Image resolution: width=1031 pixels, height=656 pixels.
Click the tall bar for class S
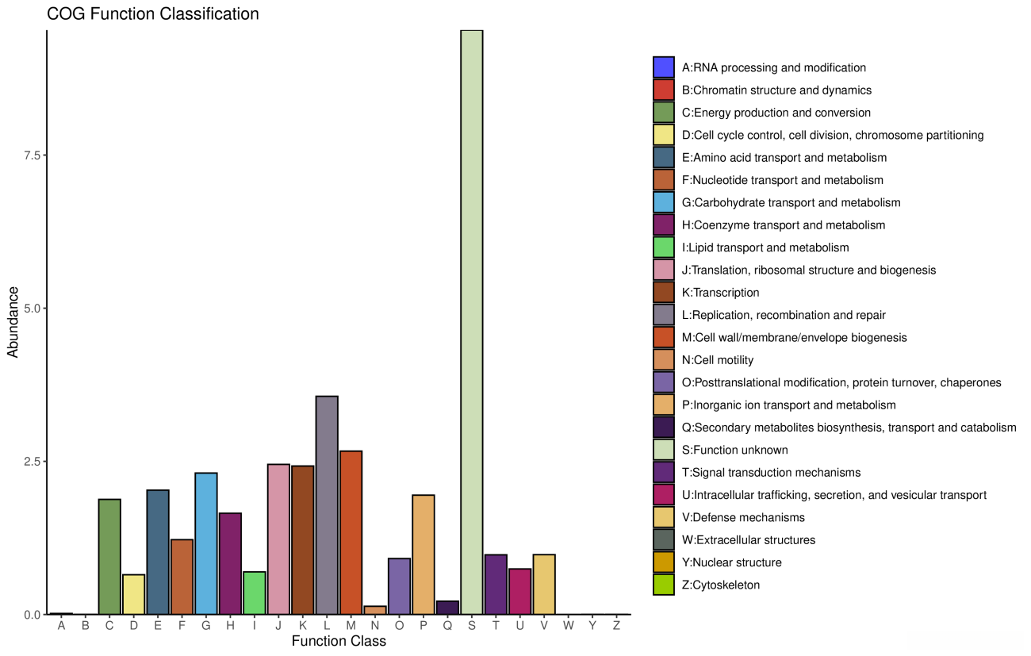[471, 322]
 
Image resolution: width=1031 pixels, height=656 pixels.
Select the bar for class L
[327, 504]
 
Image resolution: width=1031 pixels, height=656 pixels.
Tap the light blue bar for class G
[206, 543]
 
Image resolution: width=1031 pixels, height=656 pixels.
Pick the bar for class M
[351, 532]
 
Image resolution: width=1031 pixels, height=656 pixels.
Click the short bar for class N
[375, 610]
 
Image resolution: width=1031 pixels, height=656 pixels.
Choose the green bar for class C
[109, 556]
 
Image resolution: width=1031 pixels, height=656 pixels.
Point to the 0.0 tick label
[32, 615]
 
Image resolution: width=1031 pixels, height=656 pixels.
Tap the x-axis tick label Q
[447, 626]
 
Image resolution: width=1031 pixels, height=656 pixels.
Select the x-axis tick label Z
[616, 626]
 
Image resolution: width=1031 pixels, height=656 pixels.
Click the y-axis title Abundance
[13, 322]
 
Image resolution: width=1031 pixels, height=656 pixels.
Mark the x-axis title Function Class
[339, 642]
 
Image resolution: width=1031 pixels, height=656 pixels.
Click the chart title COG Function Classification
[153, 14]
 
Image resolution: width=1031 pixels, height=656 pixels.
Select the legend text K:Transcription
[720, 293]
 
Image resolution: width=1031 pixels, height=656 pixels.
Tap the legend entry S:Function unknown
[734, 450]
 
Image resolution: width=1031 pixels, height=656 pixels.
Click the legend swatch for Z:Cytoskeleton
[664, 585]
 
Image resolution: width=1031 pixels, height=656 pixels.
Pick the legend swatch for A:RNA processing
[664, 67]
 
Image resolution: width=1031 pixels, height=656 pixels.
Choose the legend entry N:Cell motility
[718, 360]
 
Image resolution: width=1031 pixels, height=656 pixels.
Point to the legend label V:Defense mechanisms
[743, 517]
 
